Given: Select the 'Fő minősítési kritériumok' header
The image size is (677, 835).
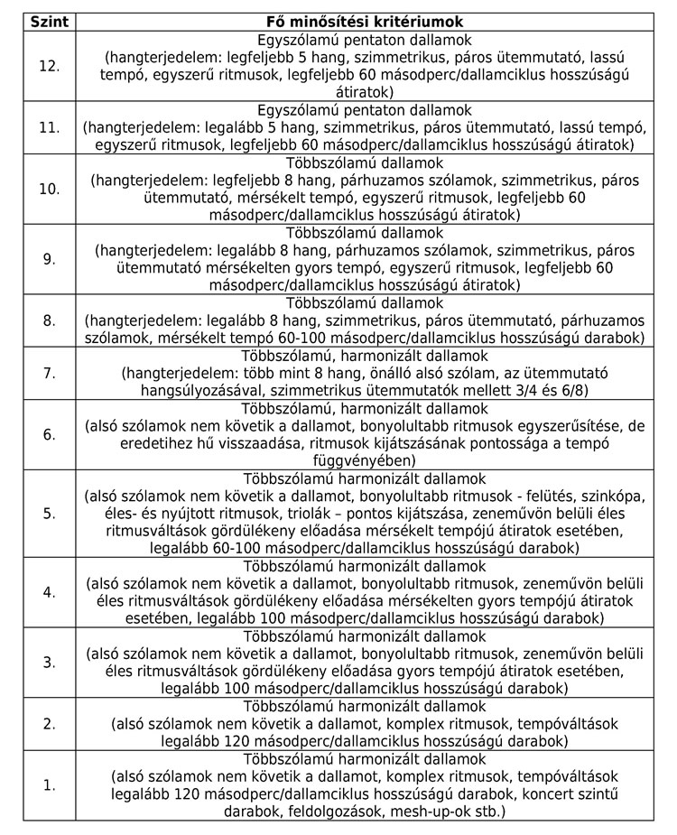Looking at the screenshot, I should point(365,20).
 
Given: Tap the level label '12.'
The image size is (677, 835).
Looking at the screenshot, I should point(49,66).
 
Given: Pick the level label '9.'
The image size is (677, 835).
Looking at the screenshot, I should point(49,259).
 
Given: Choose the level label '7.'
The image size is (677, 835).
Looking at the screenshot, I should point(49,373).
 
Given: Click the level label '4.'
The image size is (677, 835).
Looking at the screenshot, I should point(49,592).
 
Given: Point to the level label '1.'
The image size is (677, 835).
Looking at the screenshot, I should point(49,784).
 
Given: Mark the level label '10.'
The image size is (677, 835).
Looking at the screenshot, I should point(49,189).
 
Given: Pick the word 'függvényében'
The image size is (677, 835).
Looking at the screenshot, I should point(365,460).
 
